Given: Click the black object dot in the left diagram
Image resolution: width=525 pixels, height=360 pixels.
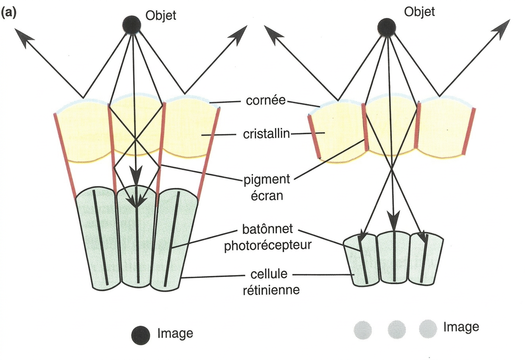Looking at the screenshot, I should [x=132, y=25].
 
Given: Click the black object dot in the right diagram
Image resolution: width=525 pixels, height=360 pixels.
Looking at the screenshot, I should [x=387, y=27].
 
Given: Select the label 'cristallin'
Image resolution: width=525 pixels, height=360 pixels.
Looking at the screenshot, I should [x=267, y=134].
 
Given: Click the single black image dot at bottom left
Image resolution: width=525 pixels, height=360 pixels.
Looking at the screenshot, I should [x=140, y=334].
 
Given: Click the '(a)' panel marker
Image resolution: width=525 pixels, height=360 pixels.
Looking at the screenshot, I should [x=9, y=13].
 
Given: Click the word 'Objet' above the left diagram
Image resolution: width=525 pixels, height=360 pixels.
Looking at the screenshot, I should [x=160, y=16].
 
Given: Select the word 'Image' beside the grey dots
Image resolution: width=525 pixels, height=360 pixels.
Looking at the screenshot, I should [x=461, y=327].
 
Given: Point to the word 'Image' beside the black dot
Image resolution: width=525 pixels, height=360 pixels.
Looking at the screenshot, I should [x=175, y=333].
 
